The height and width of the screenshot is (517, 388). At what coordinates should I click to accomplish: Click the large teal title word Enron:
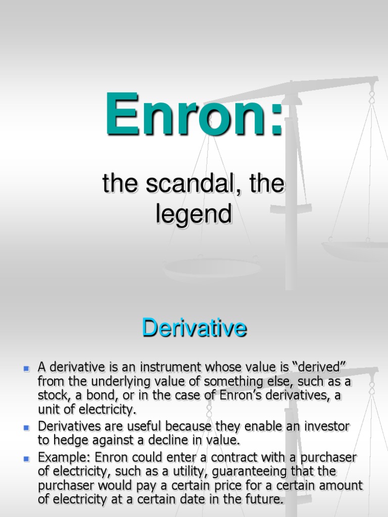(194, 115)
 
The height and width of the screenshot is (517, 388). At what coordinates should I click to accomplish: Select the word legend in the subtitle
(194, 214)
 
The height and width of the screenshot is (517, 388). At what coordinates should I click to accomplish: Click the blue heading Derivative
(194, 328)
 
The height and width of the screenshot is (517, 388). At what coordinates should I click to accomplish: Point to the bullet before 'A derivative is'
(27, 369)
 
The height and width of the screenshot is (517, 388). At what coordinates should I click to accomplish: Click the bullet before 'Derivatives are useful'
(27, 428)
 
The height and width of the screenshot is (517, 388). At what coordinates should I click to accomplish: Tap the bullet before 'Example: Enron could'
(27, 459)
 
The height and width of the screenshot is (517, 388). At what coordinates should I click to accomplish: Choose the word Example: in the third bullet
(62, 458)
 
